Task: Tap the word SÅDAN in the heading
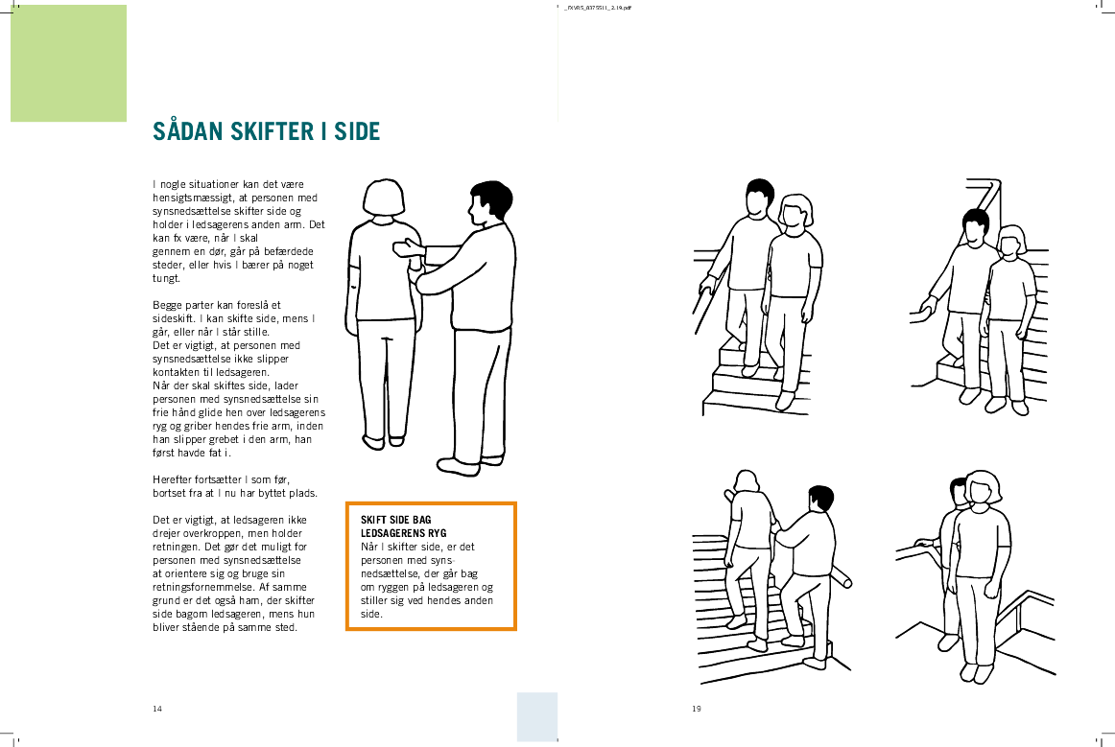(188, 130)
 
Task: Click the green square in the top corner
(68, 63)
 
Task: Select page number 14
(157, 709)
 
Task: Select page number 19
(697, 709)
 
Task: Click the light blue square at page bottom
(537, 716)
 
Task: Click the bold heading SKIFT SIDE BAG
(396, 520)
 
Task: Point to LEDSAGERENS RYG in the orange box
(404, 533)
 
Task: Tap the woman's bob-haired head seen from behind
(384, 198)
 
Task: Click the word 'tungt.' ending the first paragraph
(166, 279)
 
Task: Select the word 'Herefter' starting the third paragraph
(173, 479)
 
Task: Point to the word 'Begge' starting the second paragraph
(168, 306)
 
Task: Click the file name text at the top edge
(597, 8)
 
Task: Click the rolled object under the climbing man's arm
(841, 578)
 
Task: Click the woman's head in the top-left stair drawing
(795, 211)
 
